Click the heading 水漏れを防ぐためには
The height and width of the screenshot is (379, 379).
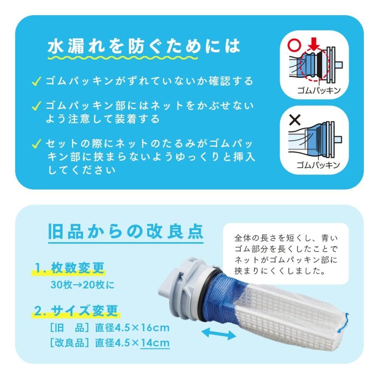144,46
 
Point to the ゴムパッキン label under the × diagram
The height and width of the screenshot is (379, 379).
318,165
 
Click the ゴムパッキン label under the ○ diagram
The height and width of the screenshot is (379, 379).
318,90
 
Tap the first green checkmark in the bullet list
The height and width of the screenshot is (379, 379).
36,82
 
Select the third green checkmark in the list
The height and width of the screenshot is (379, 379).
36,144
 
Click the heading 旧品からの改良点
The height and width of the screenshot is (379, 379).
125,232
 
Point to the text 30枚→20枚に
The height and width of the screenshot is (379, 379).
82,285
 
